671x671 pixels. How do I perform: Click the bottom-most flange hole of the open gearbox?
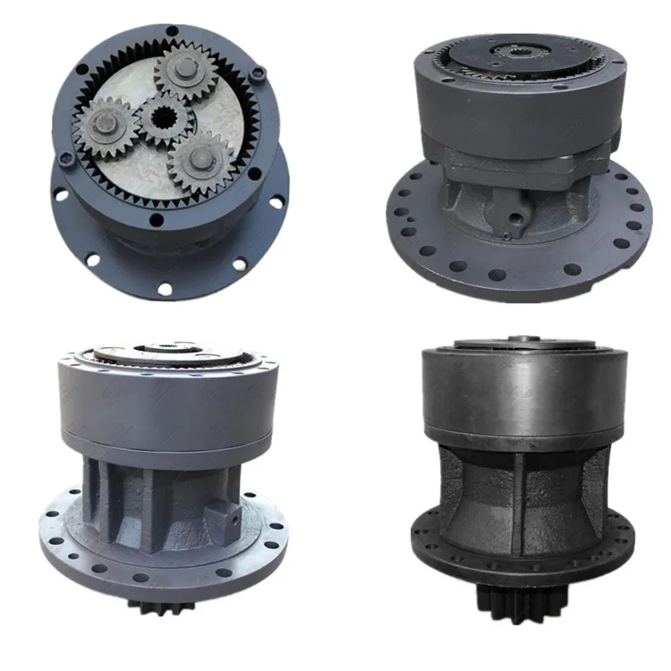pos(166,286)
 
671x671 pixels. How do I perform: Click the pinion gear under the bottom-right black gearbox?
pos(515,617)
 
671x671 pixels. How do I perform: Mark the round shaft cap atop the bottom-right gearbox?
pos(519,341)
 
